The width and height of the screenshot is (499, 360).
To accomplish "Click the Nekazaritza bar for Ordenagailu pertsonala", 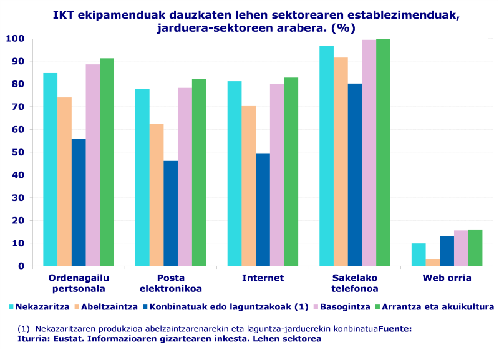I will point(50,169).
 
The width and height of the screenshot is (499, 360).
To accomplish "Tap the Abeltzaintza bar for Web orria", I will point(433,262).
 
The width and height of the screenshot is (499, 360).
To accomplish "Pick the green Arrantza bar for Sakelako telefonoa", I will point(384,152).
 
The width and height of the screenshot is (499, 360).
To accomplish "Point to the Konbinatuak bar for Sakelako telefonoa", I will point(355,175).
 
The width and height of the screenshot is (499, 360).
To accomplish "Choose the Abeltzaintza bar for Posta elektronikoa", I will point(156,195).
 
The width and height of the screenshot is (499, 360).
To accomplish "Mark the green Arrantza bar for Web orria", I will point(475,248).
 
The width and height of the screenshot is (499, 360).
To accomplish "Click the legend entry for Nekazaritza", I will point(39,306).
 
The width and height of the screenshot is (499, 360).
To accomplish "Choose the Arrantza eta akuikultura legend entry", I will point(437,306).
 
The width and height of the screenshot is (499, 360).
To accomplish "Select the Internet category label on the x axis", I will point(263,278).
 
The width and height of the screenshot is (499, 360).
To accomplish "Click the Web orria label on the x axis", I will point(447,278).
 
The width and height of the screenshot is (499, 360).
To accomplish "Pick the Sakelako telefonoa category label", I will point(354,283).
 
